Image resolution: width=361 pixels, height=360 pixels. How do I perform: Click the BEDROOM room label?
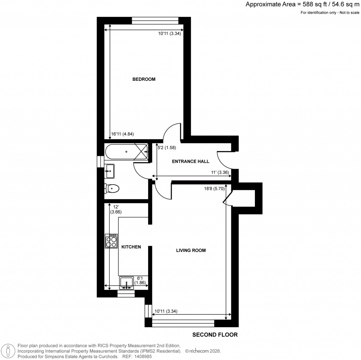(x=144, y=79)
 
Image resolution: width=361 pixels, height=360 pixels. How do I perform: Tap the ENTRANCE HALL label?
(x=190, y=162)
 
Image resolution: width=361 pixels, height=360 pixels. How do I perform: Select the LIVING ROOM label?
(x=191, y=251)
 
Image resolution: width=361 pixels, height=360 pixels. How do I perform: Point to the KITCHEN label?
(x=131, y=247)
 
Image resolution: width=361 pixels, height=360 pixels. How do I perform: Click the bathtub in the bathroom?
(x=126, y=152)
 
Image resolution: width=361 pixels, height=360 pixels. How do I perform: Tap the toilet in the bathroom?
(x=112, y=188)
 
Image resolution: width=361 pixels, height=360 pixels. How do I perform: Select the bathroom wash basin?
(x=110, y=171)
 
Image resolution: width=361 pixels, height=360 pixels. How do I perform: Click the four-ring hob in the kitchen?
(x=112, y=241)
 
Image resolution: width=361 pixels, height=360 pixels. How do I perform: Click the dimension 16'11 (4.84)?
(x=123, y=134)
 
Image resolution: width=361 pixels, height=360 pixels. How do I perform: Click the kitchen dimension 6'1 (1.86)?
(x=141, y=280)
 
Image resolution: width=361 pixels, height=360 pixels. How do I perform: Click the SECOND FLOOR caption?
(x=215, y=335)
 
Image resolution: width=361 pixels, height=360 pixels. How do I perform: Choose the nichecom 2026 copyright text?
(x=203, y=351)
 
